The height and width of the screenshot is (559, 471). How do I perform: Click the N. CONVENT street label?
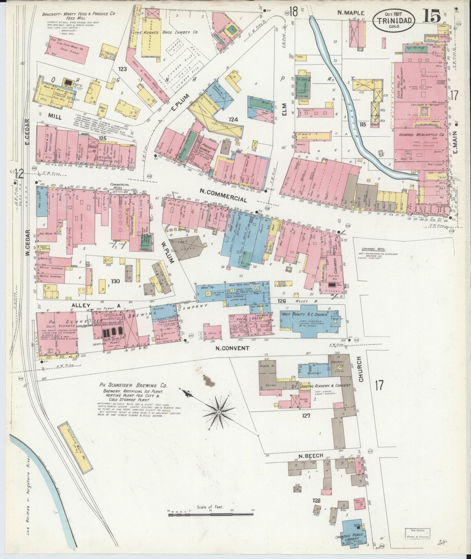(232, 348)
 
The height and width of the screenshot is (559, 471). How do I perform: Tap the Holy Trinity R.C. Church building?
(308, 321)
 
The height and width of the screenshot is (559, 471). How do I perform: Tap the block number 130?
(116, 281)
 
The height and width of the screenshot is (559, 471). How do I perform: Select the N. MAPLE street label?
(350, 13)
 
